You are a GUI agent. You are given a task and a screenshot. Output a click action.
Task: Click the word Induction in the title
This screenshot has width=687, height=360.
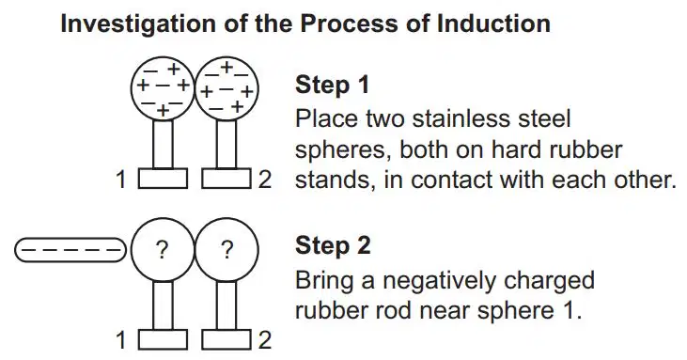click(x=493, y=23)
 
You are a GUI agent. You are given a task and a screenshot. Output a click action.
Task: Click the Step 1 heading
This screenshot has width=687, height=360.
click(x=333, y=85)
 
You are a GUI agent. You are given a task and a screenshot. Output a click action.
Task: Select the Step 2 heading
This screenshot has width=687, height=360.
click(x=333, y=245)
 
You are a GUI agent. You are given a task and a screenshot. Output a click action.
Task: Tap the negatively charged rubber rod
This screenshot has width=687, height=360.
click(x=70, y=250)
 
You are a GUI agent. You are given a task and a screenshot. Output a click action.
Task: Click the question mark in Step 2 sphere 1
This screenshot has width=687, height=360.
click(x=162, y=250)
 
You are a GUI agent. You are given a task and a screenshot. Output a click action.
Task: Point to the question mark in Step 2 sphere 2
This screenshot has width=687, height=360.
click(x=226, y=250)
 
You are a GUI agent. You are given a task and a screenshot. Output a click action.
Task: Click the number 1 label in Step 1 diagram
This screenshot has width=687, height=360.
click(x=121, y=180)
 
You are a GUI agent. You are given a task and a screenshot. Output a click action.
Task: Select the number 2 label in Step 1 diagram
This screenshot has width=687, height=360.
click(x=265, y=180)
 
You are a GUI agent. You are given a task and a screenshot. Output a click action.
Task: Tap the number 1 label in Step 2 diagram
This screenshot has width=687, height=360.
click(x=121, y=340)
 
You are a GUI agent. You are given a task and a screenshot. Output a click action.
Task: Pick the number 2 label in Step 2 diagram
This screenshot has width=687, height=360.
click(x=265, y=340)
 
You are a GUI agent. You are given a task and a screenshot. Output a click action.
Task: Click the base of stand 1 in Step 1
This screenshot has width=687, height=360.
click(x=163, y=179)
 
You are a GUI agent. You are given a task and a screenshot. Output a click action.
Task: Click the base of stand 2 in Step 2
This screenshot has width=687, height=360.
click(x=226, y=340)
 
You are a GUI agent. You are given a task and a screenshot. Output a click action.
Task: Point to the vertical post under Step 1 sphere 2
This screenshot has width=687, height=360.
click(x=226, y=144)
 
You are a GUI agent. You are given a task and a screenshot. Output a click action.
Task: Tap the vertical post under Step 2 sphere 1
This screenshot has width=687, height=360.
click(x=163, y=305)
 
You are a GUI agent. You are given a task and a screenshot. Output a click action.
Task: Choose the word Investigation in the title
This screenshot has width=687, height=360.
click(x=138, y=24)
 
